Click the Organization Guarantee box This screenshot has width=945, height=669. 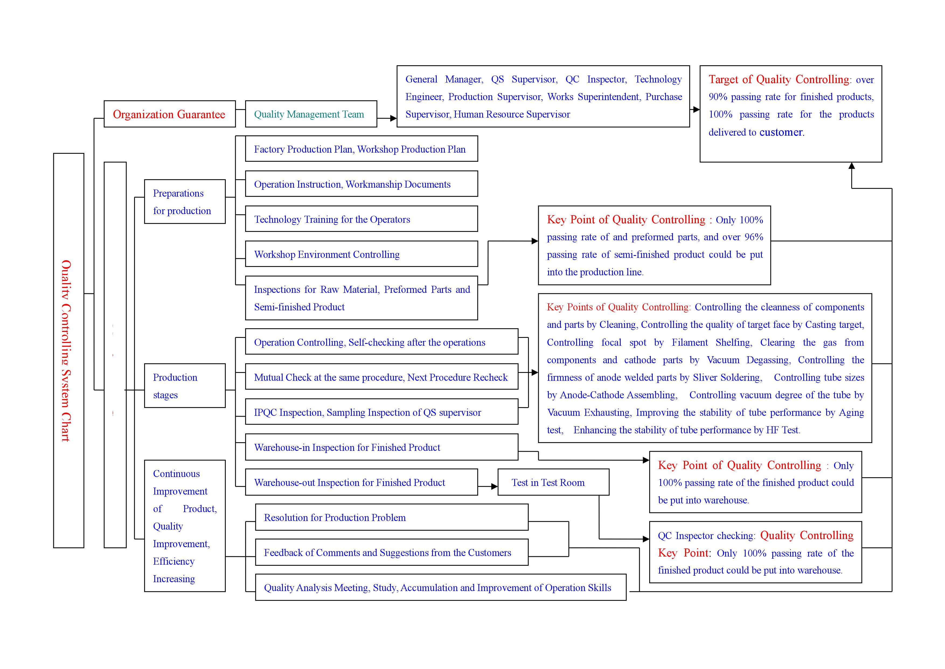(169, 114)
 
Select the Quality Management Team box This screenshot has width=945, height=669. (311, 114)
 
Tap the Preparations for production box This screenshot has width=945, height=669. (185, 201)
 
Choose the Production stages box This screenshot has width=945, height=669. (185, 386)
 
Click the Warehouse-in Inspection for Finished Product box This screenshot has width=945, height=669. (381, 447)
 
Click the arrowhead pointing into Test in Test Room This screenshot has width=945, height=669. (494, 486)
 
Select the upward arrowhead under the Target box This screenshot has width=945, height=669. (852, 166)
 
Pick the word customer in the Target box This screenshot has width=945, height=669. (781, 132)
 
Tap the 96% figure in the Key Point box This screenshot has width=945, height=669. (754, 237)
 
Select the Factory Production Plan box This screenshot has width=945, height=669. (361, 149)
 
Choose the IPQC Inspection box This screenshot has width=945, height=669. (381, 412)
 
